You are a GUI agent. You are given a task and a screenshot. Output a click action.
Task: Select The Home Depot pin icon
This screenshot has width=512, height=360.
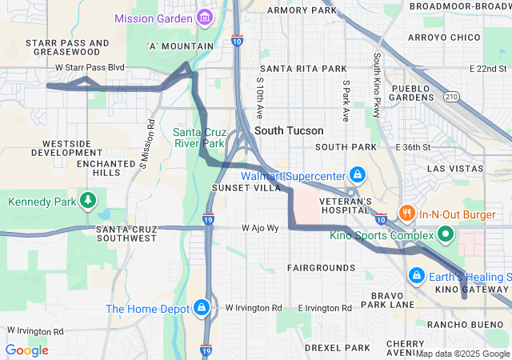tap(202, 308)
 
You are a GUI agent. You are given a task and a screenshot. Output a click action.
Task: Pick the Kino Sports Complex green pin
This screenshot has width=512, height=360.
tap(445, 234)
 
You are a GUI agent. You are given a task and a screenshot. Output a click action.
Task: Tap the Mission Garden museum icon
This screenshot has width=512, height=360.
tap(205, 17)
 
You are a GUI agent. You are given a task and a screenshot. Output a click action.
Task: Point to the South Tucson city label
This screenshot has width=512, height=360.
tap(289, 130)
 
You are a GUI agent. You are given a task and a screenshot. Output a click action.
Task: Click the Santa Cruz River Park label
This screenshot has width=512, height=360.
tap(200, 138)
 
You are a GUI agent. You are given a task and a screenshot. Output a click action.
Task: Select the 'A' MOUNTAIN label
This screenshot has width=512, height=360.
tap(181, 46)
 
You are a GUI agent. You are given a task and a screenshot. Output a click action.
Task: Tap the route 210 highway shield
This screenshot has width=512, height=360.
tap(452, 97)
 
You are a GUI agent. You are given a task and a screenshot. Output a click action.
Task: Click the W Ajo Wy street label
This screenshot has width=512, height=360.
tap(260, 228)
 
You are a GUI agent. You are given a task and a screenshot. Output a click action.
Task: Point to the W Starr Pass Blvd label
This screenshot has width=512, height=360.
tap(90, 68)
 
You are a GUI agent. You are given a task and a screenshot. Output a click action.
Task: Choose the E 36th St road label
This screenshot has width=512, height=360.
tap(413, 147)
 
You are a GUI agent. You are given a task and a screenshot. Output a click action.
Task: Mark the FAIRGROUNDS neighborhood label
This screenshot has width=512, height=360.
tap(317, 268)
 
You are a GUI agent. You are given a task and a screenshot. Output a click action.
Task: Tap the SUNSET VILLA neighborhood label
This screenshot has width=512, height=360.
tap(246, 187)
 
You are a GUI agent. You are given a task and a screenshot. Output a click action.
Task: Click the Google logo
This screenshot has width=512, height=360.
tap(26, 350)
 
